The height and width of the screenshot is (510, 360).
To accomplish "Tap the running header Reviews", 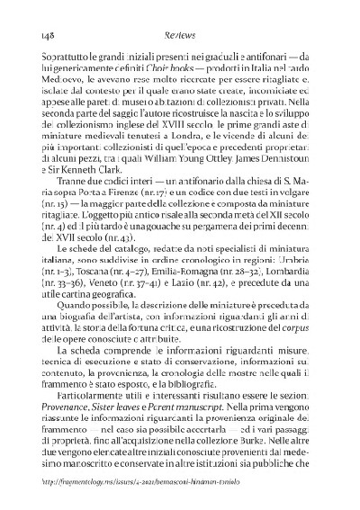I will pos(179,35).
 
